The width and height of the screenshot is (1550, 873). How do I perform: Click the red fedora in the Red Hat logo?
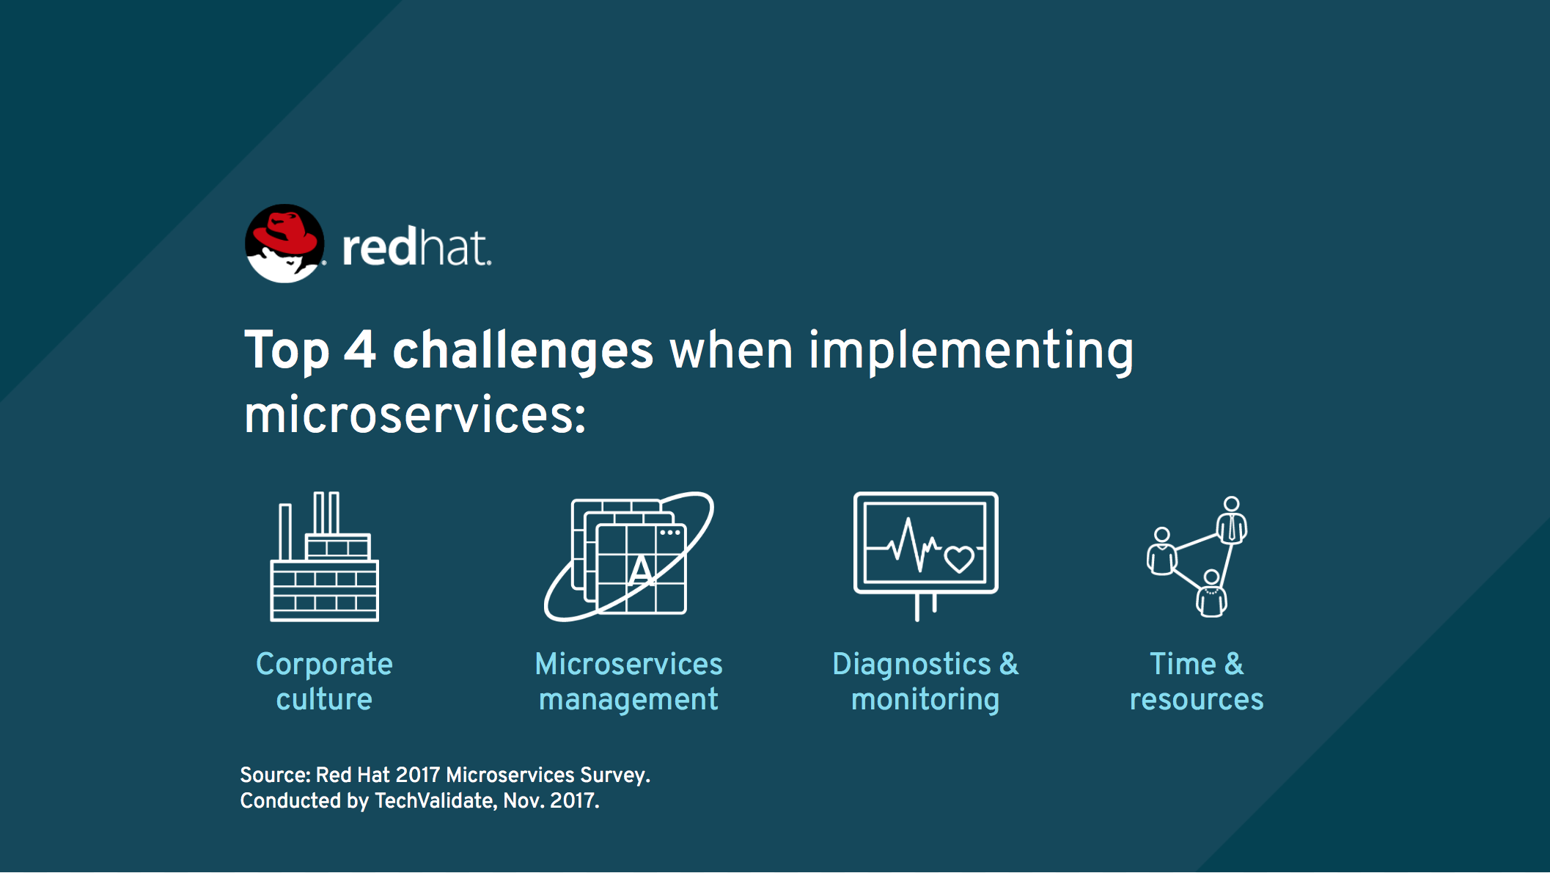click(x=284, y=233)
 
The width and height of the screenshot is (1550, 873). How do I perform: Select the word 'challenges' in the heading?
click(x=523, y=350)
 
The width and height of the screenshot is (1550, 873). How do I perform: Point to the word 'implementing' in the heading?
click(x=971, y=350)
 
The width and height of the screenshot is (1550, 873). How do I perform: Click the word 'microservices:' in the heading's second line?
click(x=415, y=415)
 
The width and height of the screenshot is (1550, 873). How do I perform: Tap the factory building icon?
click(x=324, y=557)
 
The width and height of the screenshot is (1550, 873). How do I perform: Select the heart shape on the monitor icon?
click(x=959, y=559)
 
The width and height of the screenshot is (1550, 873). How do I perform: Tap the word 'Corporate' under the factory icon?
click(x=324, y=664)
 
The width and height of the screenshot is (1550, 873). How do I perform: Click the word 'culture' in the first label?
click(x=324, y=699)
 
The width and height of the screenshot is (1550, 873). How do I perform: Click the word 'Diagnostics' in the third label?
click(x=911, y=664)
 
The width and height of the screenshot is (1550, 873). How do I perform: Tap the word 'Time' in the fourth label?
click(x=1183, y=664)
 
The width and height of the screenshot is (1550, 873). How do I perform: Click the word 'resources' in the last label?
click(x=1197, y=700)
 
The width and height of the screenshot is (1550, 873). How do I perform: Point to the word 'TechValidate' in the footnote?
click(x=436, y=800)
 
